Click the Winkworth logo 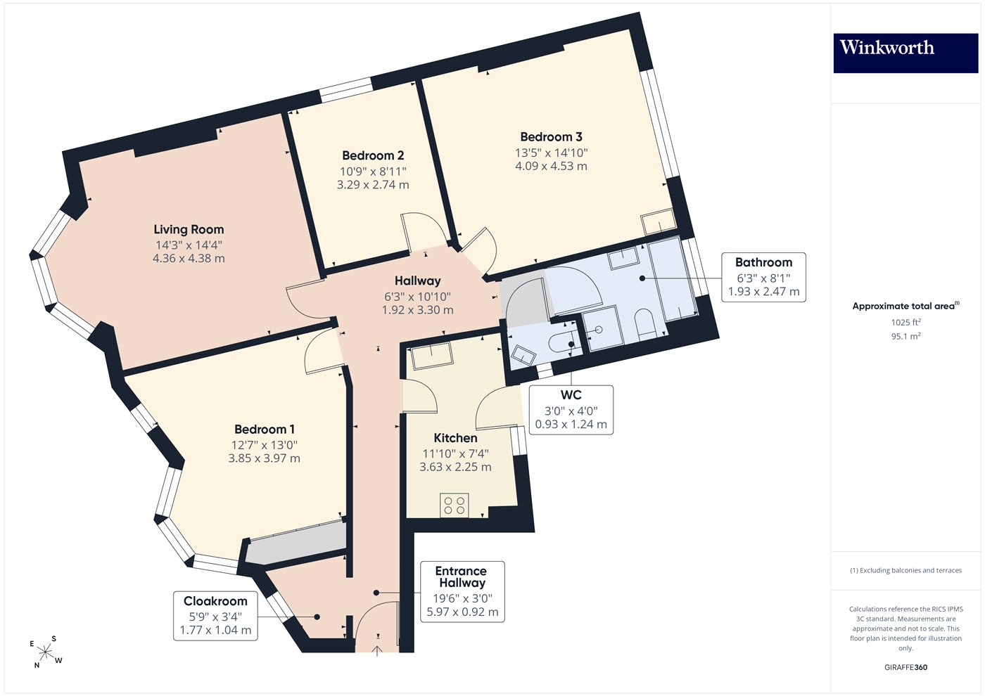click(x=905, y=53)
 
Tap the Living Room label click(x=189, y=229)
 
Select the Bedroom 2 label click(x=373, y=155)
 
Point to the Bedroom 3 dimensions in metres click(x=551, y=166)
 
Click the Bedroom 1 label click(x=265, y=430)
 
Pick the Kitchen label click(x=456, y=438)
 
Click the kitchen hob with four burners click(x=455, y=505)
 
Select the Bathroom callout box click(x=763, y=277)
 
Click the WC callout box click(x=571, y=410)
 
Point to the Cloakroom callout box click(x=215, y=616)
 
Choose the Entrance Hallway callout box click(x=462, y=591)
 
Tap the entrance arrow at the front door click(x=377, y=651)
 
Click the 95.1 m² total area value click(x=905, y=336)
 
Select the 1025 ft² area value click(x=905, y=322)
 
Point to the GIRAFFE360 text click(x=906, y=667)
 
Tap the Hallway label click(x=417, y=281)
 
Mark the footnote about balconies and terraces click(x=906, y=570)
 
